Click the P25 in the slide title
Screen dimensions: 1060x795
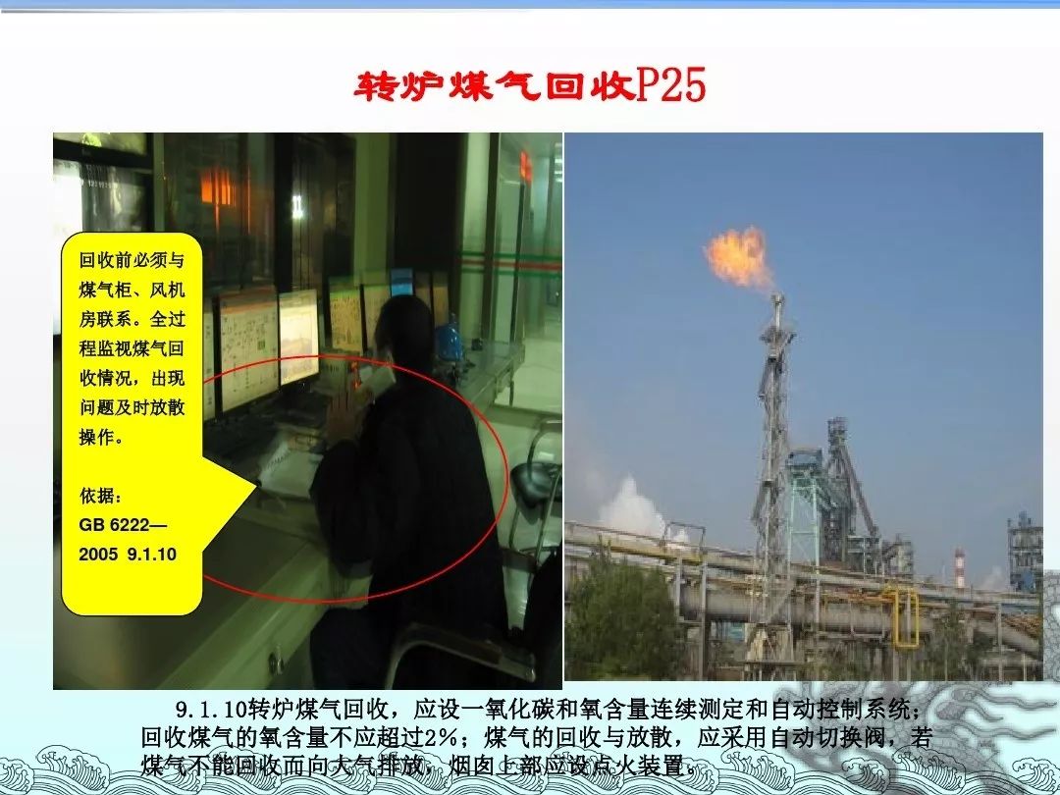(x=671, y=85)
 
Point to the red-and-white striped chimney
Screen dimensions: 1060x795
(x=959, y=568)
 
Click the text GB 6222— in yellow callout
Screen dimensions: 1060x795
(x=123, y=524)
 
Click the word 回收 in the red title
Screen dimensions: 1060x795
(x=590, y=85)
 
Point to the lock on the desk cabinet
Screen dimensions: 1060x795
(x=275, y=661)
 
